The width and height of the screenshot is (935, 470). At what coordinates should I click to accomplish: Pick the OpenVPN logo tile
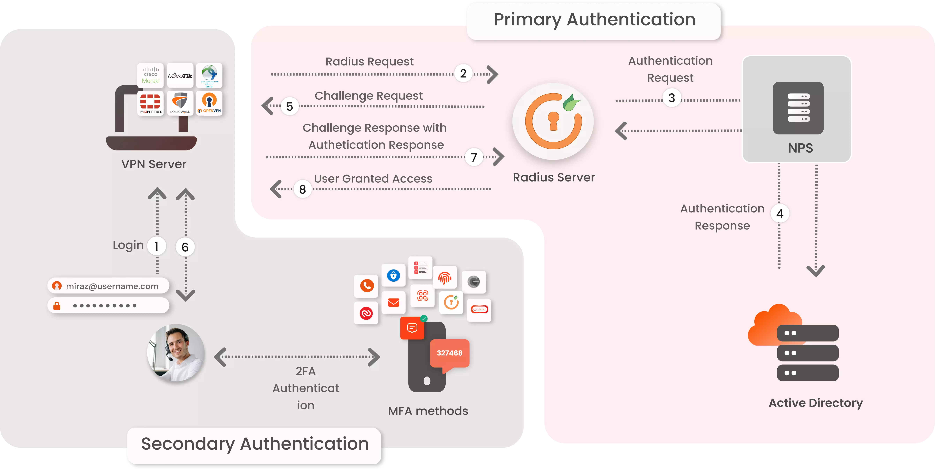point(209,103)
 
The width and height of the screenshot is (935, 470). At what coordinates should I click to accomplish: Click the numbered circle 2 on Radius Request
point(463,74)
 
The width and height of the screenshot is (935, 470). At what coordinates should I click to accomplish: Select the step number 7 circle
point(474,157)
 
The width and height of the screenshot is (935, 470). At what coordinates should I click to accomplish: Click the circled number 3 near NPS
point(672,98)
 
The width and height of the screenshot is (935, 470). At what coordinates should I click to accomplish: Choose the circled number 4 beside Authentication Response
point(780,214)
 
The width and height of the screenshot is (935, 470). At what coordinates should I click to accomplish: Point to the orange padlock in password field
point(57,306)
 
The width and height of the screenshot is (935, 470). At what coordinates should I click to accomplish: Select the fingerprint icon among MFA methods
point(445,278)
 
